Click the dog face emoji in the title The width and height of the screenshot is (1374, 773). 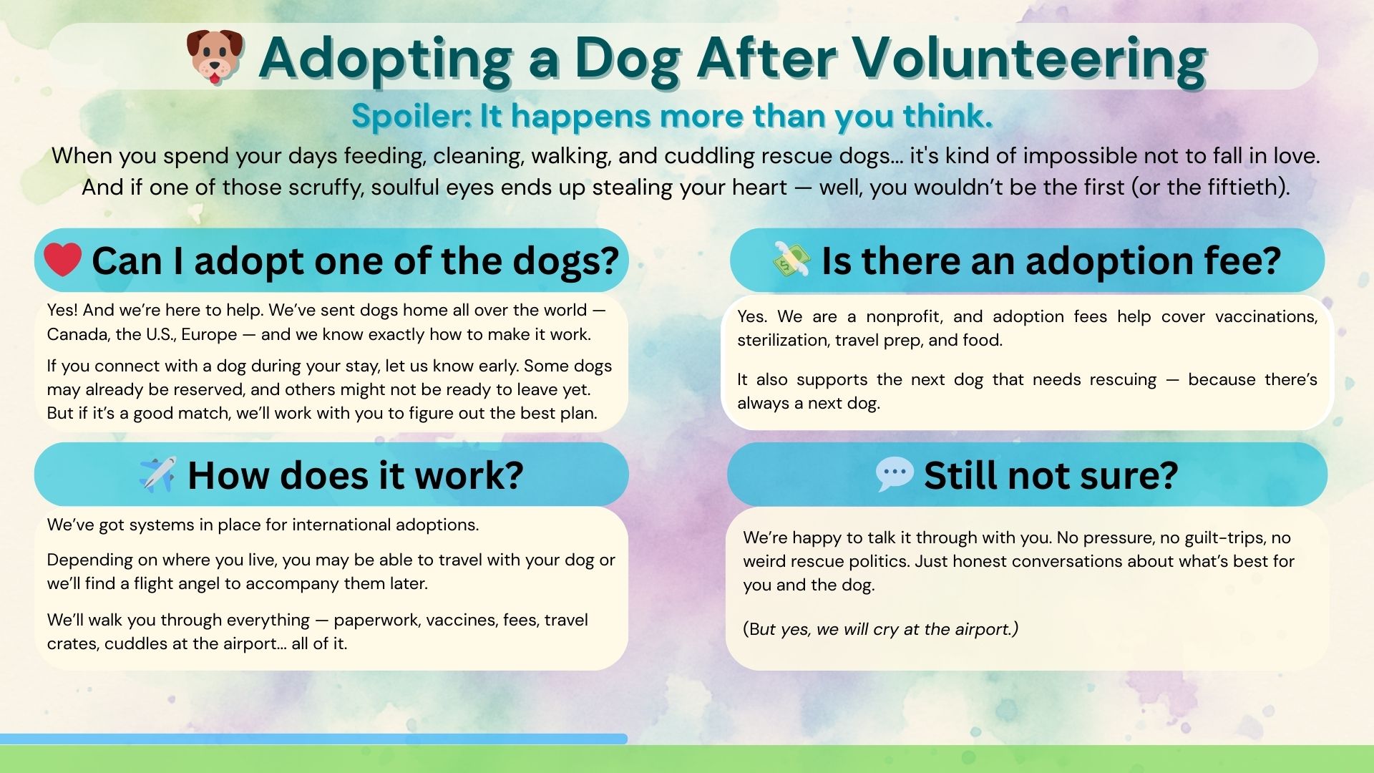pos(215,57)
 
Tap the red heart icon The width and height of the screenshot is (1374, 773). pos(62,259)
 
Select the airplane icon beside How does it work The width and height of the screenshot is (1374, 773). pos(157,474)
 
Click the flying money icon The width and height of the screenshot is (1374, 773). pos(791,259)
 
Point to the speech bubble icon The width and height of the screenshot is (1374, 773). pos(895,474)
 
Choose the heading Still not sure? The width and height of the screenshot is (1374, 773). pos(1051,475)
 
